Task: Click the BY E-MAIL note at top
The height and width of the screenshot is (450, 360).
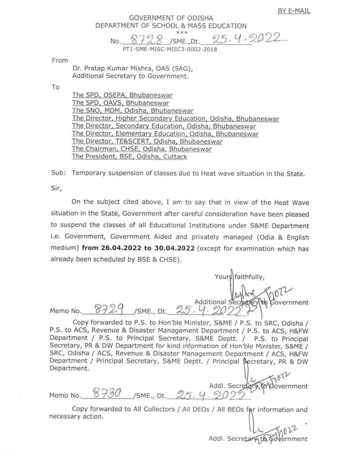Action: [293, 11]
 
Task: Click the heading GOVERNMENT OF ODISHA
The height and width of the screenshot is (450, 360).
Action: [170, 18]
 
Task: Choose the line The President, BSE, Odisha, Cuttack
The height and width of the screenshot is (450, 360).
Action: [129, 157]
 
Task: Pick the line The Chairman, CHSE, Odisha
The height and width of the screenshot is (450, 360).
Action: [141, 149]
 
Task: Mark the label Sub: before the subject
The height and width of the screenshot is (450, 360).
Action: [58, 173]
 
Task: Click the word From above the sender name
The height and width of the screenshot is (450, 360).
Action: [59, 60]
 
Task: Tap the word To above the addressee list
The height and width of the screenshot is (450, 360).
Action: [55, 87]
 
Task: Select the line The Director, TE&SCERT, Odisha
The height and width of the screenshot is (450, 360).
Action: [147, 141]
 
